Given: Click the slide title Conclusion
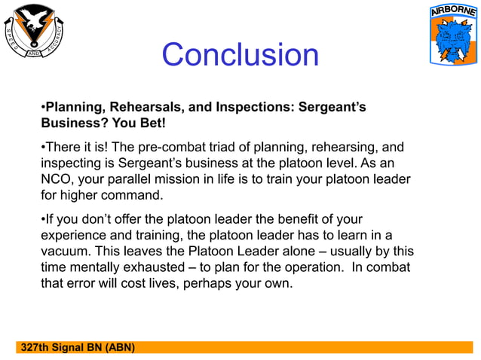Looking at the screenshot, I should (240, 55).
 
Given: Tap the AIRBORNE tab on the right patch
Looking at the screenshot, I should (452, 13).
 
